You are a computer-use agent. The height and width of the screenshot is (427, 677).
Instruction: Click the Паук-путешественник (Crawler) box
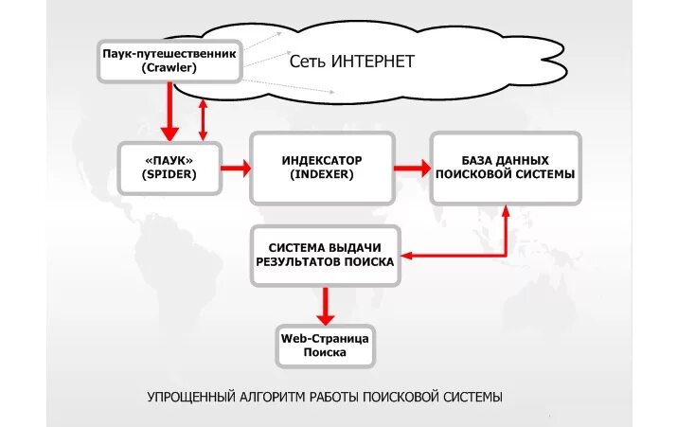point(169,61)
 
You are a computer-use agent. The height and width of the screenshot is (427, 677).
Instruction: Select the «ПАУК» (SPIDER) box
point(169,168)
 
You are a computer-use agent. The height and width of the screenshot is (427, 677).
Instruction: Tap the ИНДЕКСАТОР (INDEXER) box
point(322,168)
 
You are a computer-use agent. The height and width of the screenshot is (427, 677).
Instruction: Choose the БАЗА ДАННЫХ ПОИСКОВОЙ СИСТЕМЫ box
point(505,168)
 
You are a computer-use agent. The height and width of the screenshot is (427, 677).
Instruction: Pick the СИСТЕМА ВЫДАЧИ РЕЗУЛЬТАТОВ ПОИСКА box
point(325,256)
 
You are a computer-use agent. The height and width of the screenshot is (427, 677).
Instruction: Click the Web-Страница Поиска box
point(325,346)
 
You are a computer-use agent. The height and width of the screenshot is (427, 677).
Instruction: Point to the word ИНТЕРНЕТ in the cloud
point(373,62)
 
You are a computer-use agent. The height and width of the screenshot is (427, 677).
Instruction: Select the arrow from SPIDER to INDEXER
point(235,169)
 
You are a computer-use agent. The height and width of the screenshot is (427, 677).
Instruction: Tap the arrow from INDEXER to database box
point(411,169)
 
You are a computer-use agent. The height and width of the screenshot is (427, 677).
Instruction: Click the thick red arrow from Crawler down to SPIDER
point(170,112)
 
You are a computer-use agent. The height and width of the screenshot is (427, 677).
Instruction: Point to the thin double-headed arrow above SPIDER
point(203,120)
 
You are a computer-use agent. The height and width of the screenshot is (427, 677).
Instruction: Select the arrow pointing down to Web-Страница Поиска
point(325,305)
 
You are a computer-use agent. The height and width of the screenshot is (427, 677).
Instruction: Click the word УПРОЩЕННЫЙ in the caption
point(190,396)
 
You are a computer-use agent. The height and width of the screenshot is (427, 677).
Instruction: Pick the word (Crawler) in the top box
point(169,68)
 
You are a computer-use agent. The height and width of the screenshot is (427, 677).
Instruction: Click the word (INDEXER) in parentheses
point(322,175)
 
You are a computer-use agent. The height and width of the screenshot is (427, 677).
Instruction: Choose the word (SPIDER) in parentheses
point(169,175)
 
